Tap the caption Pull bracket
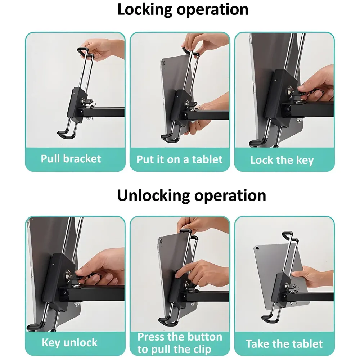(71, 159)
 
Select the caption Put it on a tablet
(180, 159)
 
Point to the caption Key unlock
(69, 342)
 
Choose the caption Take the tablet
(284, 344)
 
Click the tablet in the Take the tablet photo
(266, 266)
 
